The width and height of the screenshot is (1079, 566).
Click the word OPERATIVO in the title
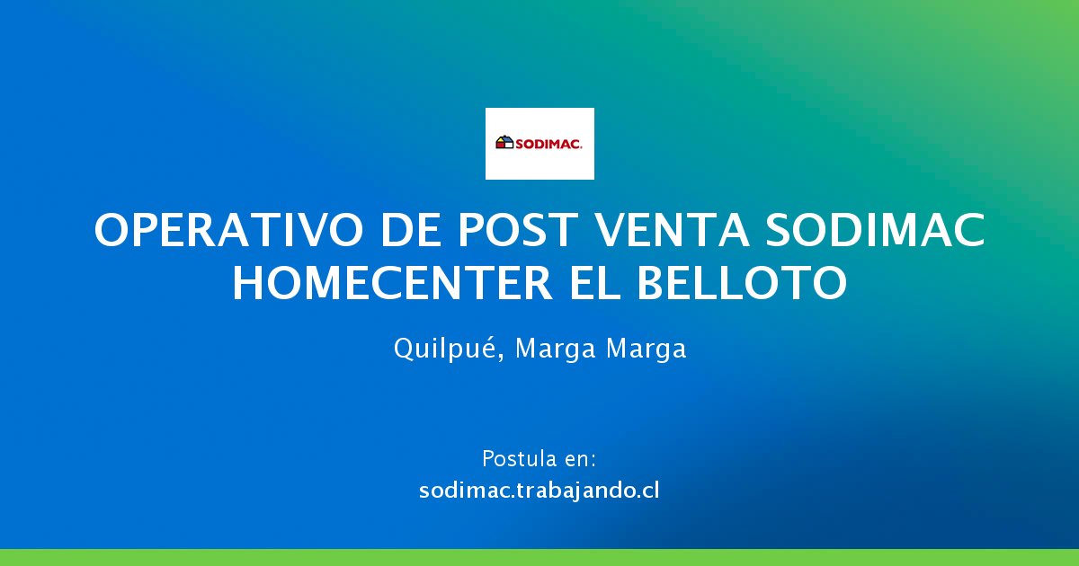tap(228, 230)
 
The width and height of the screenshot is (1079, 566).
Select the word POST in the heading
tap(518, 230)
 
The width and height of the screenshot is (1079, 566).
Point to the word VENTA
tap(672, 230)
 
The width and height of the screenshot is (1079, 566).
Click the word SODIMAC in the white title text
tap(876, 230)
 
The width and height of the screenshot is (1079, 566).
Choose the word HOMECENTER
tap(392, 284)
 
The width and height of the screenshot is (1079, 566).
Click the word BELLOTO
tap(742, 284)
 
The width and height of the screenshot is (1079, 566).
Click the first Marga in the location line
tap(556, 349)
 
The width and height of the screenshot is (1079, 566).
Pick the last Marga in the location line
tap(646, 349)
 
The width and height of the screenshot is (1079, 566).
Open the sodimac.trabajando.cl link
tap(539, 491)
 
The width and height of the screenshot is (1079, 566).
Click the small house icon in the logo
tap(504, 143)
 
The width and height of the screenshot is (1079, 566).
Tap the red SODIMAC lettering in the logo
tap(548, 144)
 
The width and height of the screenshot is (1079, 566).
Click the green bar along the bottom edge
tap(539, 557)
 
